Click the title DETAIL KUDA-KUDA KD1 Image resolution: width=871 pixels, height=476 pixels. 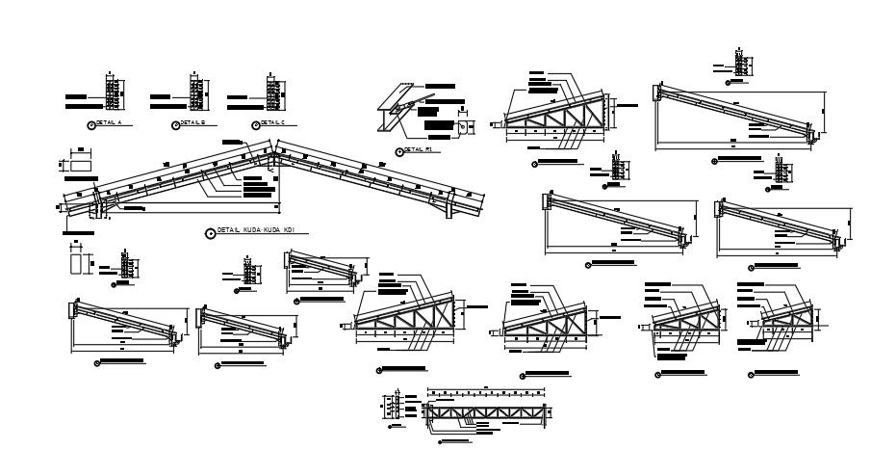pos(254,231)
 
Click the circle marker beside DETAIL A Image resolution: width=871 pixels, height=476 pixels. pos(91,124)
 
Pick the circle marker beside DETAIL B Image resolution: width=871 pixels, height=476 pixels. pos(174,124)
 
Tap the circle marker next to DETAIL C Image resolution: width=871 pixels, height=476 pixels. pos(254,124)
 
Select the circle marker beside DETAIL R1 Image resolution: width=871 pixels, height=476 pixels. pos(398,151)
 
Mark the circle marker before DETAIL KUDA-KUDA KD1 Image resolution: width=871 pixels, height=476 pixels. pos(211,232)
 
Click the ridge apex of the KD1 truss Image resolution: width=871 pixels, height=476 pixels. pos(273,150)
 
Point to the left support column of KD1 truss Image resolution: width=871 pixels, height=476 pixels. pos(97,208)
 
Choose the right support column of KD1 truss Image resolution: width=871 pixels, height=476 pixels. pos(449,206)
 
